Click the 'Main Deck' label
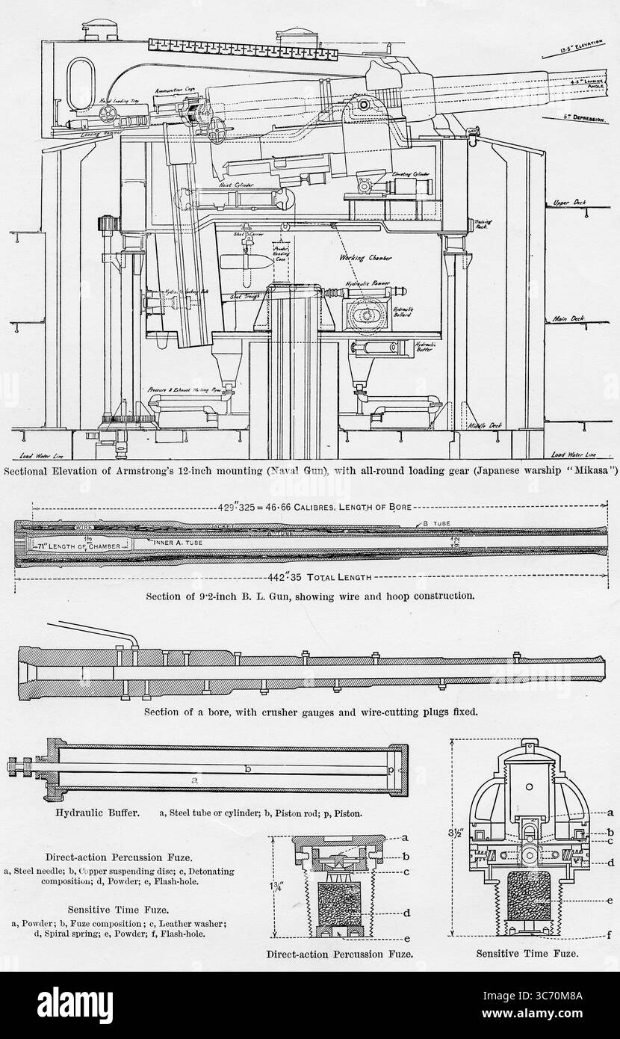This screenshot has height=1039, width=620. [x=567, y=318]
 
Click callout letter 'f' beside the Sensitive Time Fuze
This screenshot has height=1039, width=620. [x=610, y=934]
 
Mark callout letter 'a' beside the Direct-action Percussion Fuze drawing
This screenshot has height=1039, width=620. [x=403, y=838]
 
